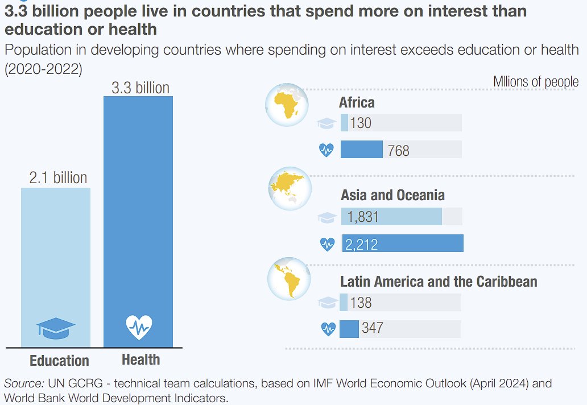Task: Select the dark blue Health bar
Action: (x=138, y=216)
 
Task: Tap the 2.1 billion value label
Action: (x=58, y=178)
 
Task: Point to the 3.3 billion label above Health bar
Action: (x=140, y=88)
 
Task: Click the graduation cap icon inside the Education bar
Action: (x=56, y=328)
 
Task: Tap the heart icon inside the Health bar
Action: (x=139, y=327)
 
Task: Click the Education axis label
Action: (x=59, y=361)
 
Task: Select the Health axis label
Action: (x=140, y=359)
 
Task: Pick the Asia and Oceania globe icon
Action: (x=290, y=188)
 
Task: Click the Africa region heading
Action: (x=357, y=103)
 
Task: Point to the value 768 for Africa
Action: (x=398, y=151)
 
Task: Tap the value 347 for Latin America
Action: (x=372, y=328)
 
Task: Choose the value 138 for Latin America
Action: (x=360, y=302)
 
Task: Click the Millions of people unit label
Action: (x=535, y=82)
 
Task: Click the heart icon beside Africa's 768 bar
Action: (x=326, y=150)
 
